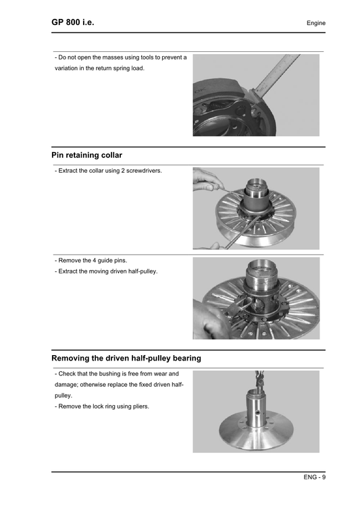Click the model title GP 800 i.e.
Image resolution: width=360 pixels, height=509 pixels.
(72, 22)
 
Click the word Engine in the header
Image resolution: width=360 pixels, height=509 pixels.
(315, 24)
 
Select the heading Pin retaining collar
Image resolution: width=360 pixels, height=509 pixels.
(86, 155)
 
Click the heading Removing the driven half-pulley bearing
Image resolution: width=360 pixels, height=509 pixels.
(126, 358)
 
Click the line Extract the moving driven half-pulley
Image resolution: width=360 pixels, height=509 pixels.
(106, 271)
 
